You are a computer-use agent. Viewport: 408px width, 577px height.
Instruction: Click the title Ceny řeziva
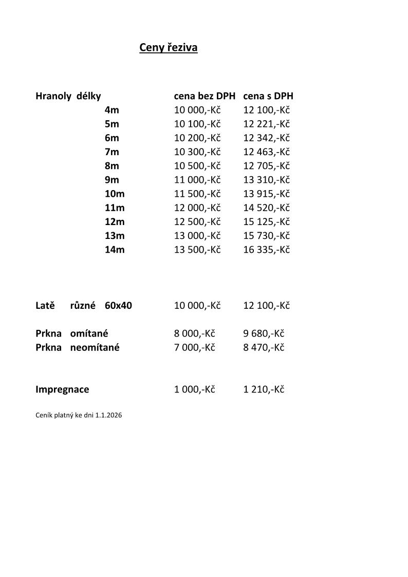point(169,48)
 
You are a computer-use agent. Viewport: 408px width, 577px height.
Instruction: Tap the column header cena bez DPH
point(205,96)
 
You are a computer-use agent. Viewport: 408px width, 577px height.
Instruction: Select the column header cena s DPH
point(268,96)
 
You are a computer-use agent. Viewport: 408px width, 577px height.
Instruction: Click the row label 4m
point(112,110)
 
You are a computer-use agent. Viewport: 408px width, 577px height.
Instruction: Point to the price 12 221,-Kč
point(266,124)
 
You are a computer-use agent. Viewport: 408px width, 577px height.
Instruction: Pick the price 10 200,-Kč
point(197,138)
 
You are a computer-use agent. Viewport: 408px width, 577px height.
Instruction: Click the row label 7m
point(112,152)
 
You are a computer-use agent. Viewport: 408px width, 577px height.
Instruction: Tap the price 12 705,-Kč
point(266,166)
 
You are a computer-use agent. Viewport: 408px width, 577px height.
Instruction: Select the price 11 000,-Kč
point(197,180)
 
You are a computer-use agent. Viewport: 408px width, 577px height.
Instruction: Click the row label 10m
point(115,194)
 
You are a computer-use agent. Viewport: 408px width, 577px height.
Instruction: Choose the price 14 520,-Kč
point(266,208)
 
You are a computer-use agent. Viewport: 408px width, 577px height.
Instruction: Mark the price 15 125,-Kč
point(266,221)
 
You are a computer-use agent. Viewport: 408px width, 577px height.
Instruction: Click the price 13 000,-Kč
point(197,235)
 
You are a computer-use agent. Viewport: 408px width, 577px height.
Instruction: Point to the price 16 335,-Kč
point(266,250)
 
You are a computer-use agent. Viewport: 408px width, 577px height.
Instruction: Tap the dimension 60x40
point(118,306)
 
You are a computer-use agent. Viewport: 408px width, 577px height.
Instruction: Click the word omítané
point(89,333)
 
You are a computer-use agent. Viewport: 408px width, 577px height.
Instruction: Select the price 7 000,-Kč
point(194,347)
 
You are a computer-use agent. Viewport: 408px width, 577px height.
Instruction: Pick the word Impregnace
point(62,389)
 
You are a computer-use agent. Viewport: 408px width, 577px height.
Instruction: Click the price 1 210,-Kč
point(264,389)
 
